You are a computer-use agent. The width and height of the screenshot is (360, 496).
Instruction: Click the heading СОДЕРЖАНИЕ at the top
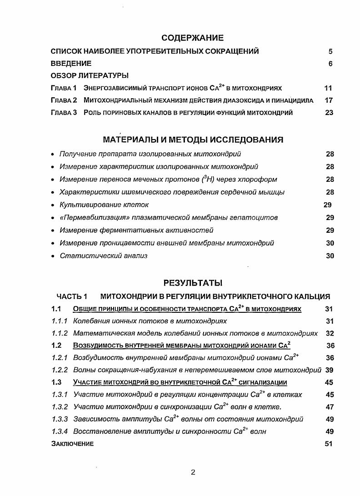tap(193, 38)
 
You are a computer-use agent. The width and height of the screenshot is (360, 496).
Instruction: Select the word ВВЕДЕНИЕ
tap(71, 64)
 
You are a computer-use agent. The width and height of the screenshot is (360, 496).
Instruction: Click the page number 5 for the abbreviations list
tap(330, 51)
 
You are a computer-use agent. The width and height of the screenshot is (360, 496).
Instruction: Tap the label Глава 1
tap(64, 88)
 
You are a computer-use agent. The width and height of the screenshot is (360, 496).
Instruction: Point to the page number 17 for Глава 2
tap(329, 100)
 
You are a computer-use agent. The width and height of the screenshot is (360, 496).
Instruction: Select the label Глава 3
tap(64, 113)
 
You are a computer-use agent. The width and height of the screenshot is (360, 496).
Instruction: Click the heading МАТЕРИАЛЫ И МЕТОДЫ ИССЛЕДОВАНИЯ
tap(193, 140)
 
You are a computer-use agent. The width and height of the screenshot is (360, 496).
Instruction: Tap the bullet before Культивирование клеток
tap(54, 205)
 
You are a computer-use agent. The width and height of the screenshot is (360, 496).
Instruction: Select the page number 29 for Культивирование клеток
tap(327, 205)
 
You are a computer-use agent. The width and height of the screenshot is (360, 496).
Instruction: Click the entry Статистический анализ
tap(104, 256)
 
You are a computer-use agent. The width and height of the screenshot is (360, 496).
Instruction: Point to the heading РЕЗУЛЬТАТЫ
tap(193, 283)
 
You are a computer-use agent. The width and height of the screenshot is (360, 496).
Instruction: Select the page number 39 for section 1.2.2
tap(330, 370)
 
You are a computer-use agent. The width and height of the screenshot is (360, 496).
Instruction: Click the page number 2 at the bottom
tap(193, 472)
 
